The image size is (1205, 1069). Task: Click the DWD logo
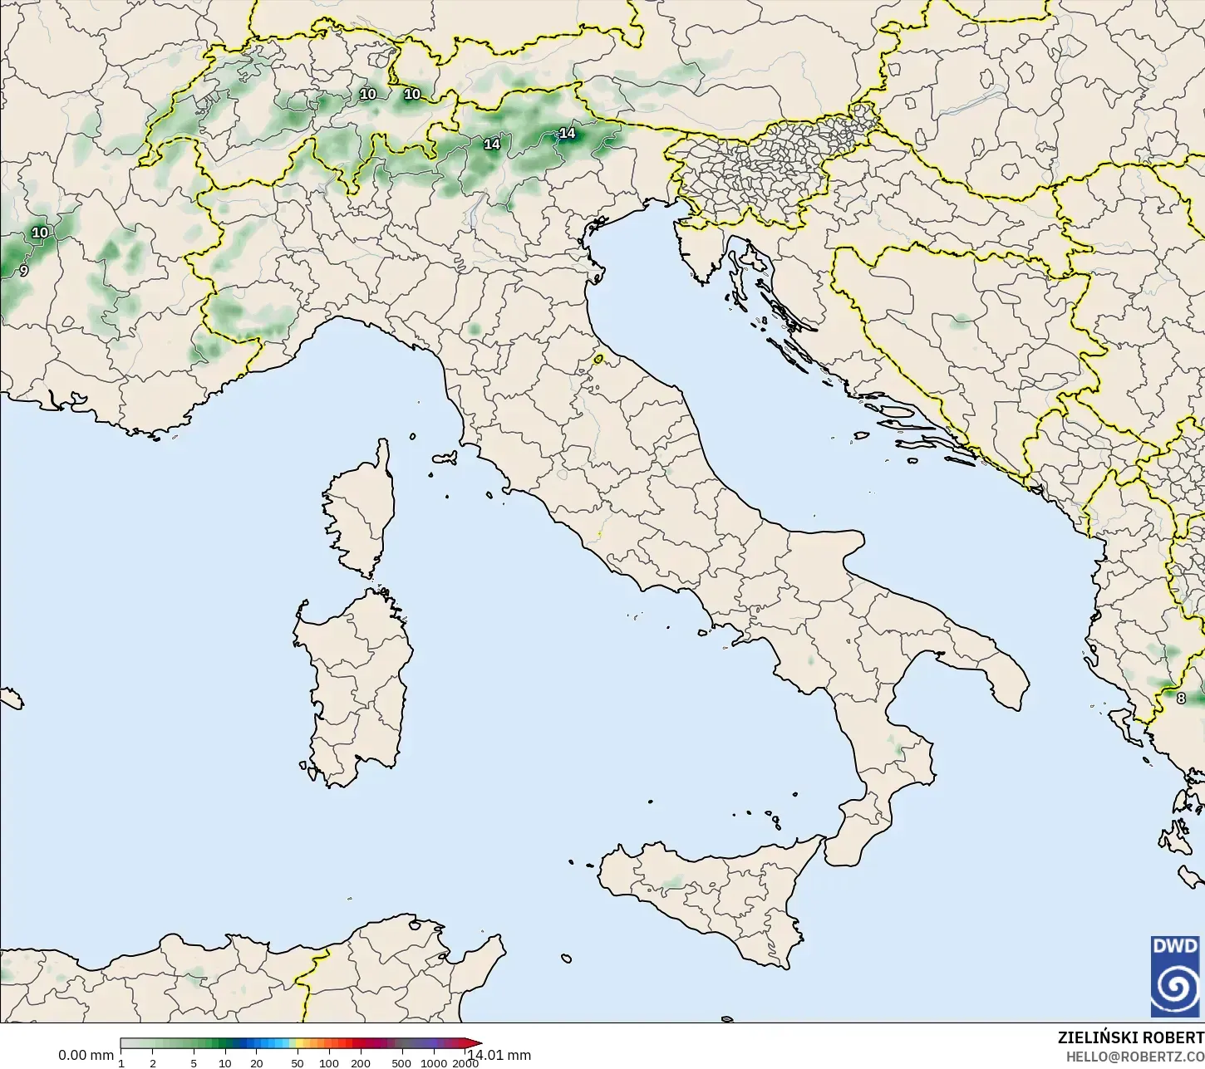[1175, 976]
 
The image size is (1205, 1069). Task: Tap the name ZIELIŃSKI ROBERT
[1130, 1038]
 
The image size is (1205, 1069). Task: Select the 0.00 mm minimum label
[86, 1055]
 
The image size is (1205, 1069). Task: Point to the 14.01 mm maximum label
[500, 1055]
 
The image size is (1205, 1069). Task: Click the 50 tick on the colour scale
[297, 1062]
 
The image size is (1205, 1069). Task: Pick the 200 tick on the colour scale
[360, 1062]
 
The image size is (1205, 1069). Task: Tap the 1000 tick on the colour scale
[433, 1062]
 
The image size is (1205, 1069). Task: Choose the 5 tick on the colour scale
[194, 1062]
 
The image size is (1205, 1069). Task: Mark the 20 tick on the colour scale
[256, 1062]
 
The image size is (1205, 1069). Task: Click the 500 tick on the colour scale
[401, 1062]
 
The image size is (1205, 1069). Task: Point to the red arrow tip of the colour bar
[479, 1043]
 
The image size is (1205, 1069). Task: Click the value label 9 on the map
[23, 271]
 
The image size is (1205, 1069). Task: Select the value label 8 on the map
[1181, 699]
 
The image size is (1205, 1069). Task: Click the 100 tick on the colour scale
[328, 1062]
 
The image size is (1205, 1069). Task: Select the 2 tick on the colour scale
[153, 1062]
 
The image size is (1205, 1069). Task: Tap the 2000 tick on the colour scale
[464, 1062]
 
